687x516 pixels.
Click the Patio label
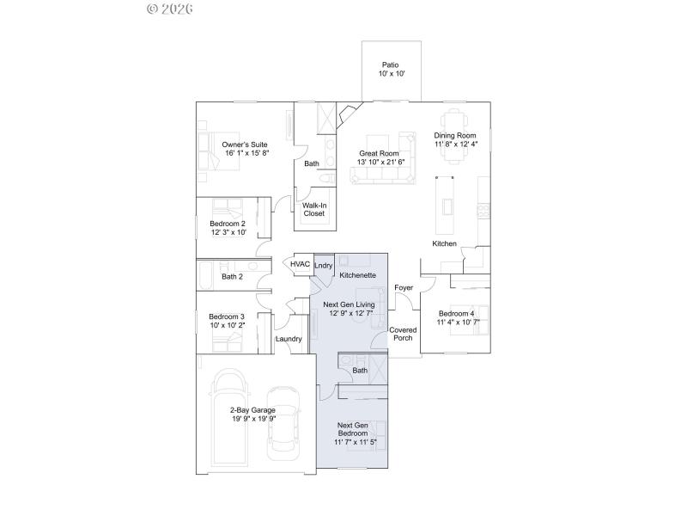tap(390, 65)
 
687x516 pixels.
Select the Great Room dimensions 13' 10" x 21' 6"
tap(379, 162)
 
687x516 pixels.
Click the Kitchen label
tap(444, 244)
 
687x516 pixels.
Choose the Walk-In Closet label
tap(313, 210)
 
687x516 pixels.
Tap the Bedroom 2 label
tap(228, 224)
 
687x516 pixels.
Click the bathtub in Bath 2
tap(208, 276)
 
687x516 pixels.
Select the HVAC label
tap(300, 264)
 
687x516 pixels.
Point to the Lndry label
tap(323, 266)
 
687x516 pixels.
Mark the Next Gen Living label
tap(348, 304)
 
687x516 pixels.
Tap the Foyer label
tap(404, 287)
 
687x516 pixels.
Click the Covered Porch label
tap(403, 334)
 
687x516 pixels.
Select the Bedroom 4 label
tap(456, 313)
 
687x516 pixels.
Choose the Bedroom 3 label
tap(227, 316)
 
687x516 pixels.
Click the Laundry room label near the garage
tap(289, 339)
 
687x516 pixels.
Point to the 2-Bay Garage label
tap(252, 410)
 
